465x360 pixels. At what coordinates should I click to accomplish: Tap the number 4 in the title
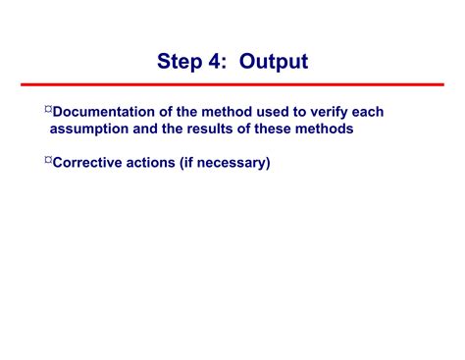(216, 62)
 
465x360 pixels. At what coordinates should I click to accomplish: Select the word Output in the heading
(274, 62)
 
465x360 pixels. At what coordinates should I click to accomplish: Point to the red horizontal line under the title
(232, 85)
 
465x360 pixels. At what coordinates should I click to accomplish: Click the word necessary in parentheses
(232, 163)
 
